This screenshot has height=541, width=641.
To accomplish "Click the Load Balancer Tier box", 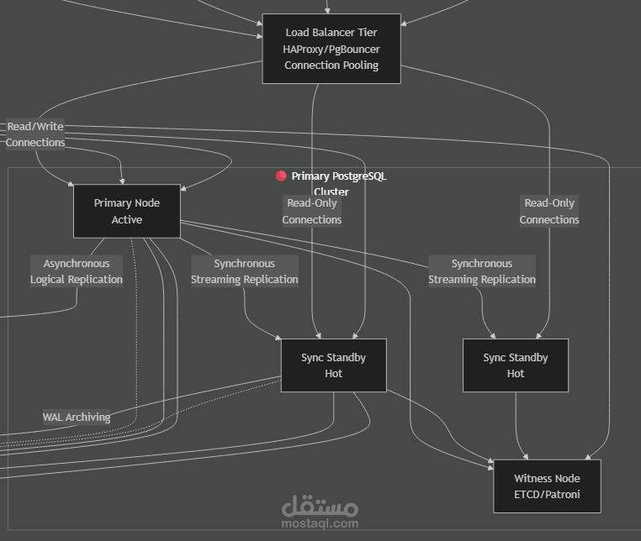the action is (x=331, y=49).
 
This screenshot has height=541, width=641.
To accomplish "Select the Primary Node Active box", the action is (x=127, y=211).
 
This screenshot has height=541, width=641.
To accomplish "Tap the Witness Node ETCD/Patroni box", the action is (x=547, y=486).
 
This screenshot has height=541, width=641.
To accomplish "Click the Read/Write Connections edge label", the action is (x=35, y=134).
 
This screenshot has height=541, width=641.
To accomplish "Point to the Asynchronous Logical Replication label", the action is (x=77, y=271).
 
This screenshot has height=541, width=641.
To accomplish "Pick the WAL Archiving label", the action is (x=77, y=417).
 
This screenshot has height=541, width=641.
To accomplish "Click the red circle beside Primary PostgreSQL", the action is (x=281, y=176).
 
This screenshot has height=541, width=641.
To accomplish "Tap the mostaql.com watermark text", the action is (x=320, y=523).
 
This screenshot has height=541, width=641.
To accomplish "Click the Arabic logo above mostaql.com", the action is (x=320, y=506).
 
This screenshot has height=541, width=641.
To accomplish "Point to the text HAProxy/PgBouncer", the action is (x=331, y=50).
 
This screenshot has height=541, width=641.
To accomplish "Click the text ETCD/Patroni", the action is (x=547, y=495).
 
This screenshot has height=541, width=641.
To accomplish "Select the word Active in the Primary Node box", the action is (x=127, y=219).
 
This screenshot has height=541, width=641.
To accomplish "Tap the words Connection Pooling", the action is (x=331, y=66).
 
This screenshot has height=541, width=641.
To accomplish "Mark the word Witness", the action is (x=529, y=478).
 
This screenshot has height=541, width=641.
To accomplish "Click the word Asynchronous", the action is (x=77, y=264).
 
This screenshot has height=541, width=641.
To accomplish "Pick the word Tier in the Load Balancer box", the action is (x=368, y=32).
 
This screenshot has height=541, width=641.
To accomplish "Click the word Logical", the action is (x=48, y=280).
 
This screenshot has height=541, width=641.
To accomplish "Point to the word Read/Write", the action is (x=35, y=127).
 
